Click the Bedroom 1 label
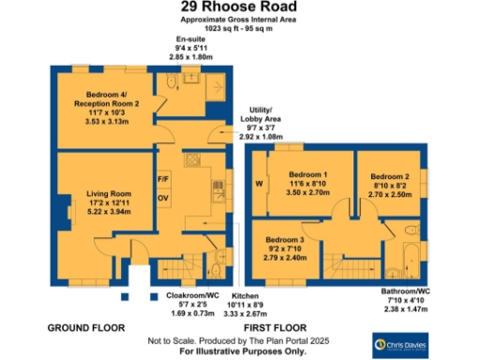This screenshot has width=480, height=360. (307, 175)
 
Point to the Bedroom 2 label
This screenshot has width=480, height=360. (389, 176)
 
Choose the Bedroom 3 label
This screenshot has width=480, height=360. (286, 240)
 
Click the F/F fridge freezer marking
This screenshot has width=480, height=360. (163, 178)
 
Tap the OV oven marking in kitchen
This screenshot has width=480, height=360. (163, 198)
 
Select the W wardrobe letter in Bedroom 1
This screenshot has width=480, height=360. (259, 184)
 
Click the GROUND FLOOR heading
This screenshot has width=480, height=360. (86, 328)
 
